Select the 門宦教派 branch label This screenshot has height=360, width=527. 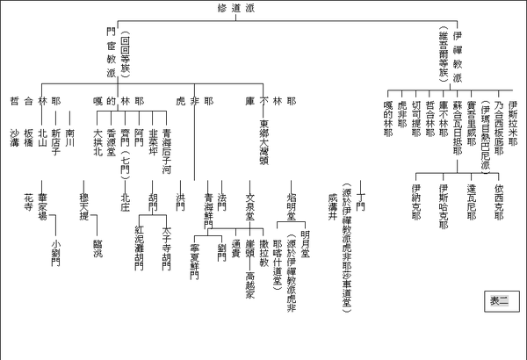[110, 52]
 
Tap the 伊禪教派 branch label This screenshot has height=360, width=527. [456, 52]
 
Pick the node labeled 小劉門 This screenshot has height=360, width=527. [56, 253]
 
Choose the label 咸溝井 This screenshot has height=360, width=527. [331, 204]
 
